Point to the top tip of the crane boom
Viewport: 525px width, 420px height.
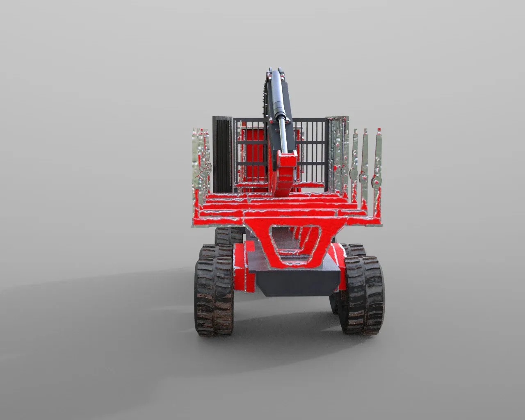coord(272,70)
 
